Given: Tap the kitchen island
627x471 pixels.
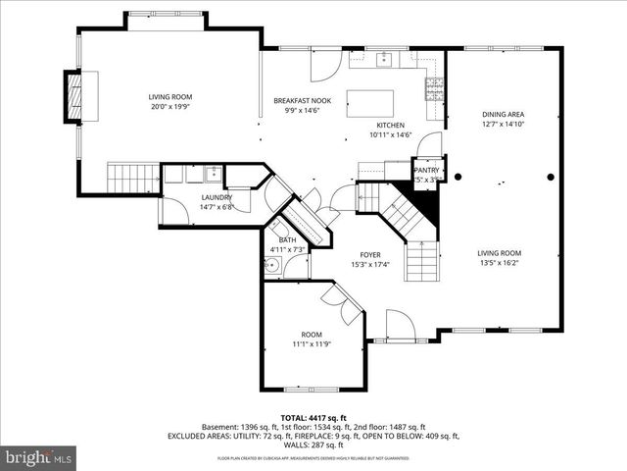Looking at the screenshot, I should click(369, 103).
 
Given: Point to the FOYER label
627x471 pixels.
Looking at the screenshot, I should click(369, 254).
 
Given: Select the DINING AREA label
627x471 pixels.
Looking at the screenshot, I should click(504, 114).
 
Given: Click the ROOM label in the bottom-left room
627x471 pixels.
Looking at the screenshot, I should click(312, 335).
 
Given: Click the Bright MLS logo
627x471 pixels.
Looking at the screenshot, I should click(38, 456).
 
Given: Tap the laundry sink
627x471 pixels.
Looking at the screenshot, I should click(212, 175).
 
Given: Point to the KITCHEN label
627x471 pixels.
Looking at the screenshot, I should click(391, 125).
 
